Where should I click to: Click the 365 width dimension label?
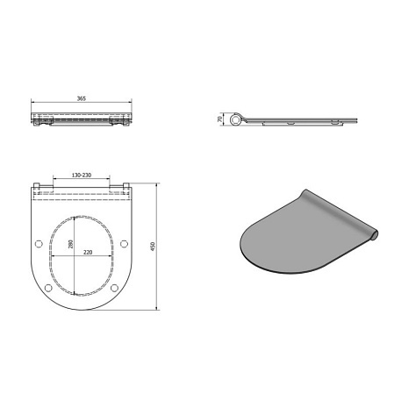tap(82, 98)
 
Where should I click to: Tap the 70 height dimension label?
tap(219, 119)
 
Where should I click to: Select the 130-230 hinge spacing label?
tap(82, 176)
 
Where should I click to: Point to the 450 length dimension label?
tap(152, 247)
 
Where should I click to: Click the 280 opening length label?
tap(70, 244)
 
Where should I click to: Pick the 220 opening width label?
tap(88, 252)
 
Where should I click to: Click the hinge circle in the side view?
tap(234, 119)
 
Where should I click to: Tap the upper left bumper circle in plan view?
tap(39, 243)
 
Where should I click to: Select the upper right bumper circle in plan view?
tap(124, 243)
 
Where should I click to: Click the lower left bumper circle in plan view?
tap(48, 288)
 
